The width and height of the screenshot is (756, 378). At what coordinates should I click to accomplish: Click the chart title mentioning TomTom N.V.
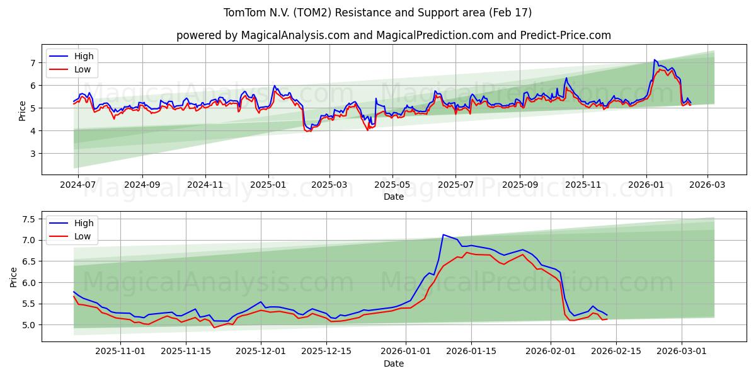pos(377,13)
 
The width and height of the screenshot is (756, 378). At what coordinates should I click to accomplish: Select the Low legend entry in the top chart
pos(83,69)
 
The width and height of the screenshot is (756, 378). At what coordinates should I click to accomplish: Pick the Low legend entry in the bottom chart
pos(83,236)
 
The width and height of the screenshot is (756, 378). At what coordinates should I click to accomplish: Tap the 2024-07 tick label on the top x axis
pos(77,185)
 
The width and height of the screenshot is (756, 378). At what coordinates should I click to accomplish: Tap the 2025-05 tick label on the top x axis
pos(392,185)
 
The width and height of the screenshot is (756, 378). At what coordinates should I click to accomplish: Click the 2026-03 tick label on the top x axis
pos(707,185)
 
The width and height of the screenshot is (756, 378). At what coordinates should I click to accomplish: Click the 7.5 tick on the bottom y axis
pos(30,219)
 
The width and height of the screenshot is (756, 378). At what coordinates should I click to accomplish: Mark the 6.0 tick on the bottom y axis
pos(30,283)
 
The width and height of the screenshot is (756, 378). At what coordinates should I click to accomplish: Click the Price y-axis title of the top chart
pos(23,111)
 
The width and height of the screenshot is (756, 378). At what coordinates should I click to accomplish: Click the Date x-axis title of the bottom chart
pos(393,364)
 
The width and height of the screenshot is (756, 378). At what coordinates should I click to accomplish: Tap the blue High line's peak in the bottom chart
pos(443,234)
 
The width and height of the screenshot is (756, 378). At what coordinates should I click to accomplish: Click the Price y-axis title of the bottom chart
pos(14,277)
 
